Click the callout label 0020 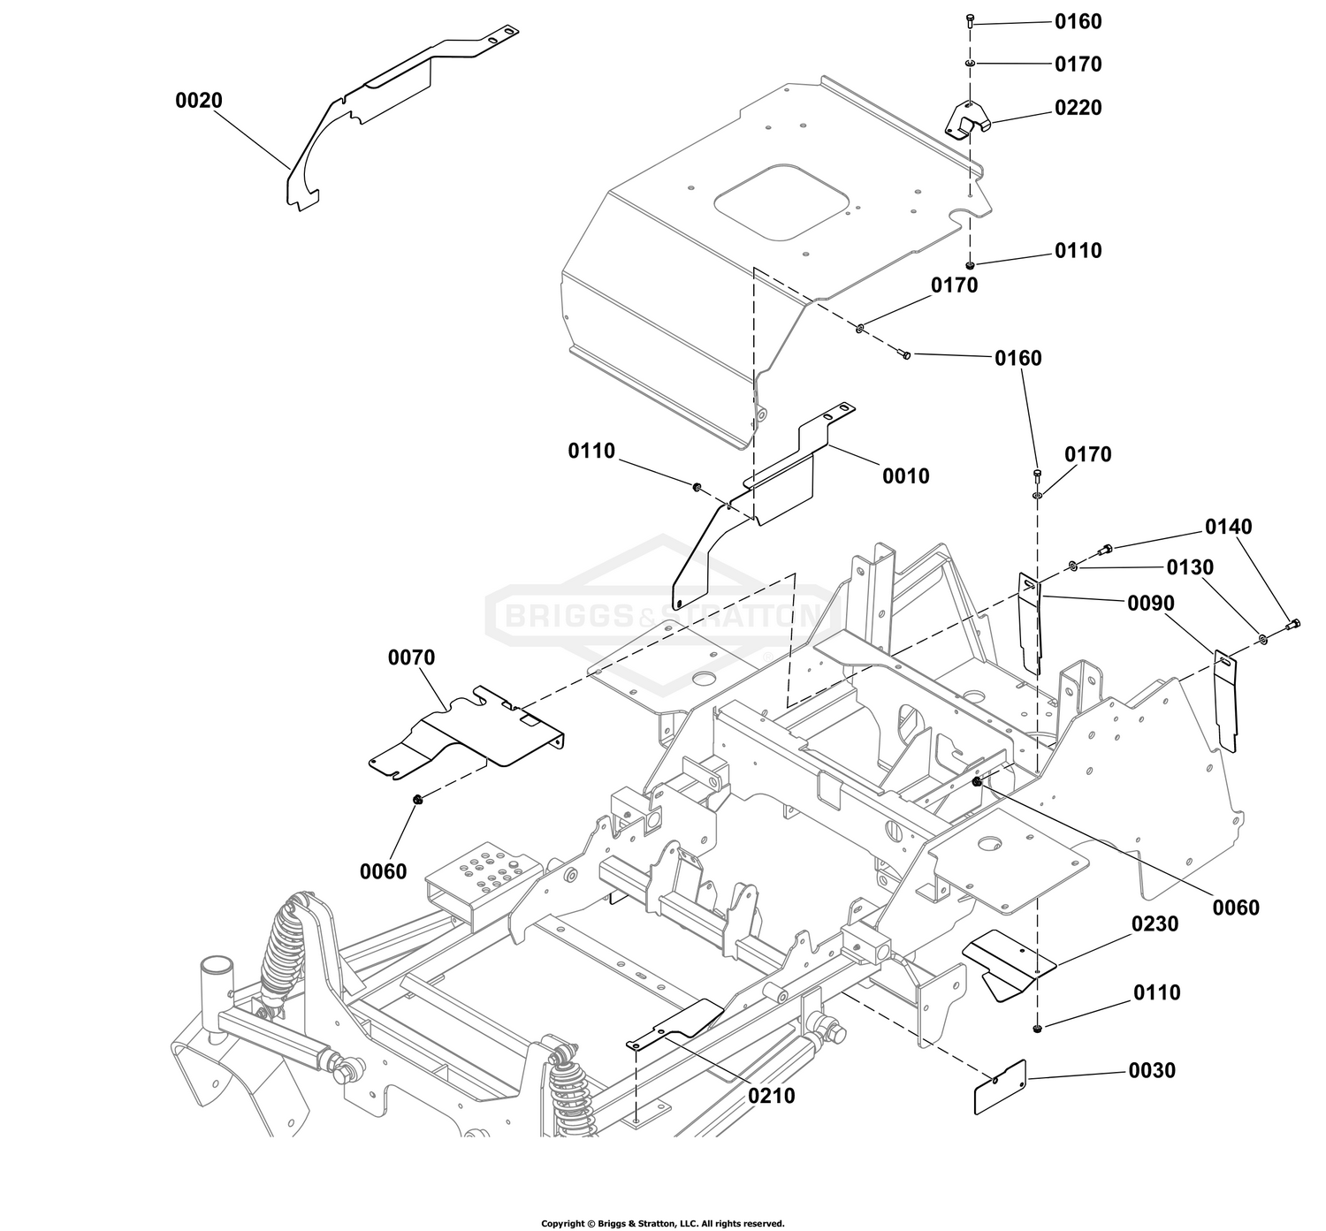[x=198, y=101]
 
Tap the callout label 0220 [x=1078, y=108]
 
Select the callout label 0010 [x=906, y=476]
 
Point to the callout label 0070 [x=411, y=657]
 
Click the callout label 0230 [x=1155, y=924]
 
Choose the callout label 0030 [x=1152, y=1070]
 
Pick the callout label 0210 [x=771, y=1096]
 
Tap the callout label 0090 [x=1151, y=604]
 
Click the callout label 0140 [x=1229, y=527]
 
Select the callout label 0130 [x=1191, y=567]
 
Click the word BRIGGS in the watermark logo [x=568, y=615]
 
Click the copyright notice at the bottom [x=662, y=1223]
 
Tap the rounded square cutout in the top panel [x=781, y=202]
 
